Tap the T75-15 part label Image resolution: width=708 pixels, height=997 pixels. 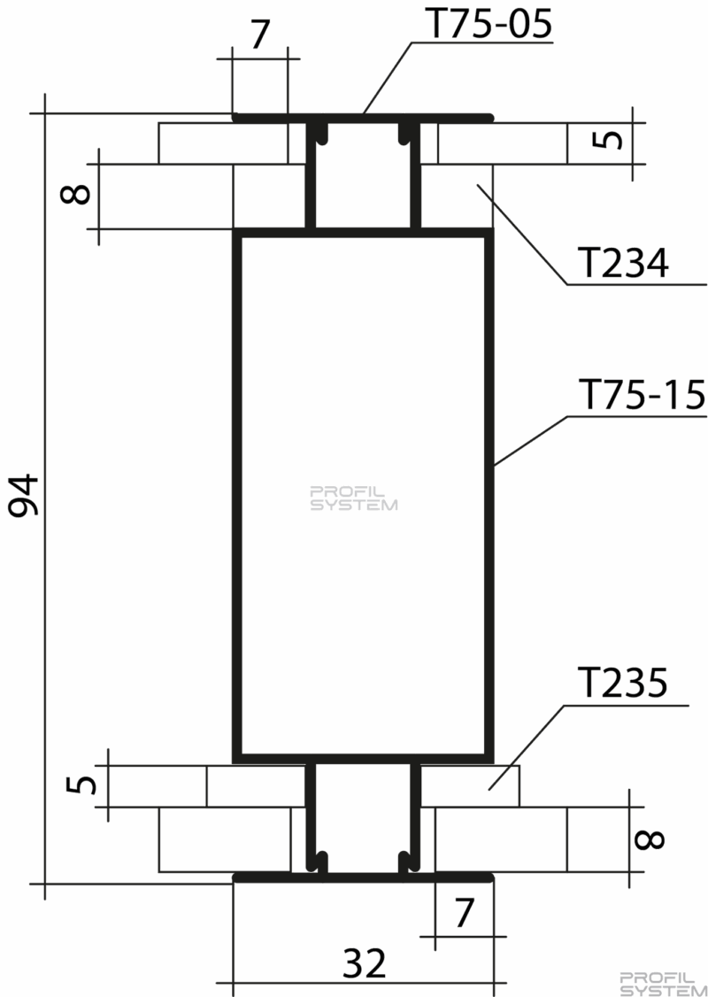click(x=642, y=395)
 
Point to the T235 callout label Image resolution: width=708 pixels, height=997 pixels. click(x=623, y=684)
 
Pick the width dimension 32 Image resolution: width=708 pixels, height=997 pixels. click(x=364, y=962)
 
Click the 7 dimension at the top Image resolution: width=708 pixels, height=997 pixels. click(x=260, y=35)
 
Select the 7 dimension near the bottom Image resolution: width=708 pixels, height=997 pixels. click(x=464, y=913)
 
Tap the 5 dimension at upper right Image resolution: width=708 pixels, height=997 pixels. click(x=612, y=139)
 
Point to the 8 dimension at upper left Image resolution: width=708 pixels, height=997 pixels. click(x=75, y=193)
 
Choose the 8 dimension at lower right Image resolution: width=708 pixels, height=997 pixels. click(x=650, y=839)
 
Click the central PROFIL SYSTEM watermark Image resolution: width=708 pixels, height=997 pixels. click(x=353, y=498)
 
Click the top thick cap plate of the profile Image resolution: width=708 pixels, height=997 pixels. click(x=362, y=118)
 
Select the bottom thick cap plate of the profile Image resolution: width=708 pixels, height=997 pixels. click(x=362, y=878)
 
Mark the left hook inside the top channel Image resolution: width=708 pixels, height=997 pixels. click(x=325, y=132)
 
